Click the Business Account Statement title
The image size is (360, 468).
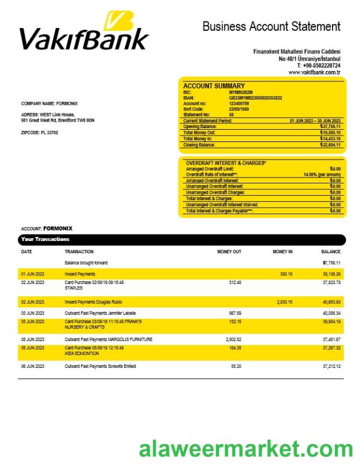271,26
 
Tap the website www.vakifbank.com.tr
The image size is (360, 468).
314,72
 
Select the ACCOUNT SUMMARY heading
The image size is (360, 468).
214,86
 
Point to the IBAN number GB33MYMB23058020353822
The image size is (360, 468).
256,98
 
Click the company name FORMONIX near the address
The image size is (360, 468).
68,104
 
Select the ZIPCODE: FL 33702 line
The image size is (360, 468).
40,133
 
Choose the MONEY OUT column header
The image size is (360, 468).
229,252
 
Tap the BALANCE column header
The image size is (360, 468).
331,252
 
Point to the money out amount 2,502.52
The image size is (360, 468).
233,339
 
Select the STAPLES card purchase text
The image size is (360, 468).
73,288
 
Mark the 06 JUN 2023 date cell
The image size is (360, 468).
33,366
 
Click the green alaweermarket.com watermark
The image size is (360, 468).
246,449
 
